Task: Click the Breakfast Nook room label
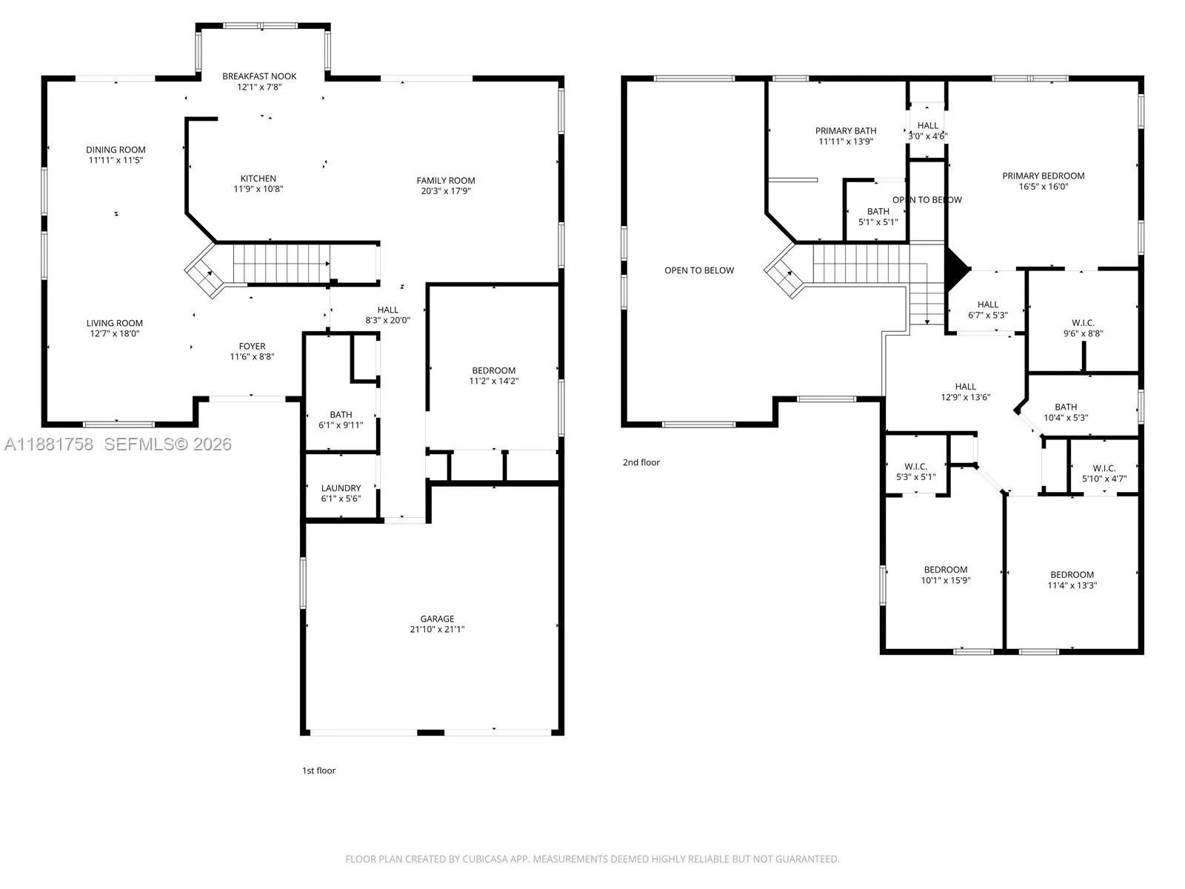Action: (x=259, y=76)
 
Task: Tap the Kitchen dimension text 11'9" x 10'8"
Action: (x=258, y=189)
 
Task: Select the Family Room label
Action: (x=445, y=181)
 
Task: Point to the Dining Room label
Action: (x=116, y=150)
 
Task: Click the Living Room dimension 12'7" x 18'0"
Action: (x=115, y=333)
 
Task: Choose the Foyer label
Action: (x=252, y=347)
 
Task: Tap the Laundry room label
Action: (x=341, y=488)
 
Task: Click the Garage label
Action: (x=437, y=619)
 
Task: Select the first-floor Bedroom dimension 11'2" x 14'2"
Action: (x=493, y=381)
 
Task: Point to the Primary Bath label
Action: (x=846, y=131)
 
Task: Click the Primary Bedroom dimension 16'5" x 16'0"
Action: (x=1043, y=187)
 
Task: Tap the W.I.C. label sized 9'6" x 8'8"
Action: (x=1083, y=323)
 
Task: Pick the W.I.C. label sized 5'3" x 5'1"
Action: (x=915, y=467)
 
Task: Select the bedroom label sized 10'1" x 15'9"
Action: (x=945, y=570)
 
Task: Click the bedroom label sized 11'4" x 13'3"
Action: (x=1072, y=576)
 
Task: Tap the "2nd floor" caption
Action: (x=641, y=462)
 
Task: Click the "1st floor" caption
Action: (x=318, y=770)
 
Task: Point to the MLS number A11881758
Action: (x=49, y=444)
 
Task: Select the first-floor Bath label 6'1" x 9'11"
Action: (x=341, y=415)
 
